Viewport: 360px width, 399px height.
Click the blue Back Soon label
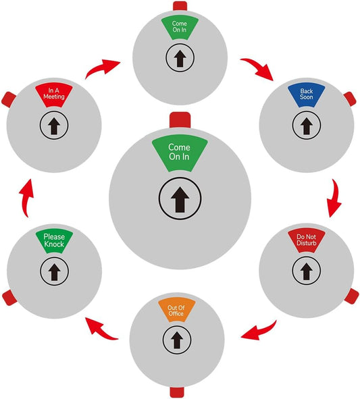[x=306, y=95]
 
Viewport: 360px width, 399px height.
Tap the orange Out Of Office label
[x=176, y=310]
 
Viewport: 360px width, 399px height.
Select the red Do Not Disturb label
[x=307, y=241]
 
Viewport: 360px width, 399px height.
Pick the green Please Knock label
[x=54, y=241]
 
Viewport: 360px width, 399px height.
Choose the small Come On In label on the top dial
[x=180, y=28]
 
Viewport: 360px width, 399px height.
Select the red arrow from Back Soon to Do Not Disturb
[x=334, y=198]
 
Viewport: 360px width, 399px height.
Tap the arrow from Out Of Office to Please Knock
[x=101, y=329]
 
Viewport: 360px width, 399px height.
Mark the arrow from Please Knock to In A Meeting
[x=26, y=198]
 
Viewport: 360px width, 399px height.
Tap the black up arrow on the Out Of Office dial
[x=177, y=340]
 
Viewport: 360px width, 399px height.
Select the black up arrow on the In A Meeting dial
[x=54, y=126]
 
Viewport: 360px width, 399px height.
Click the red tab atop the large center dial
[x=180, y=120]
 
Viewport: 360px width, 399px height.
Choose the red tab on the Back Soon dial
[x=350, y=99]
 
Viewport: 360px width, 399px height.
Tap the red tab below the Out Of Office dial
[x=177, y=392]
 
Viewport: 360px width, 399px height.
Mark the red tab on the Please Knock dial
[x=9, y=298]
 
